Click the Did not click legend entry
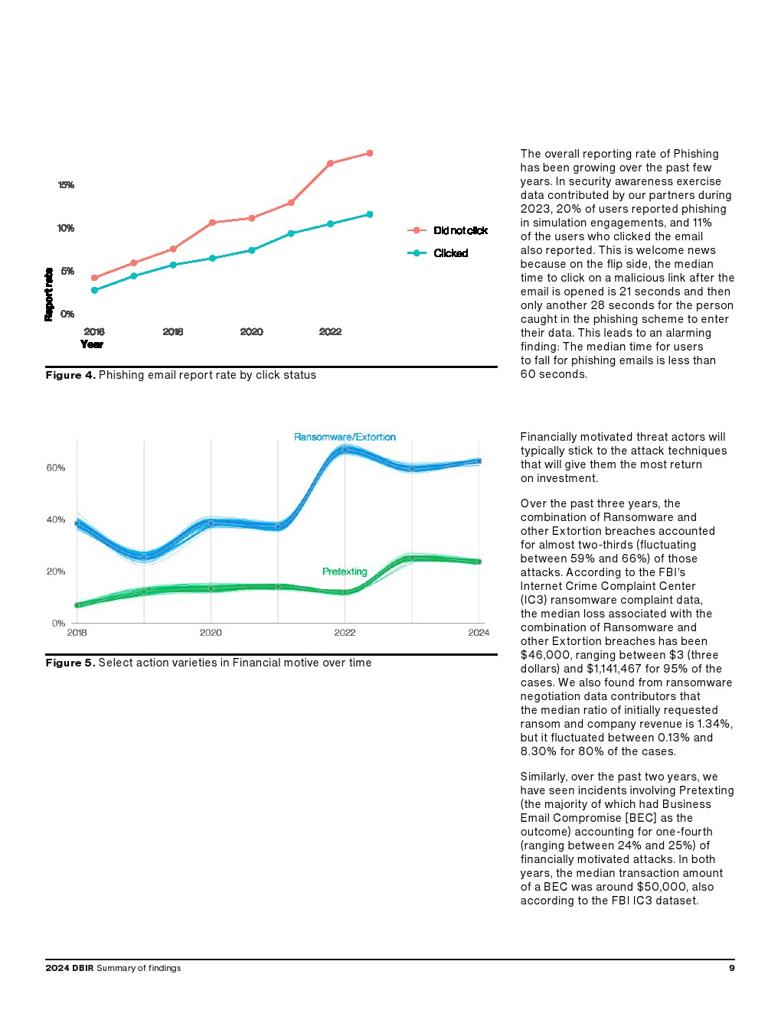click(460, 230)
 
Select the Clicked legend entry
click(450, 253)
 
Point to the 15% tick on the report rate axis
click(66, 185)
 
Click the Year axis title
click(92, 344)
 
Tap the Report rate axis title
click(49, 295)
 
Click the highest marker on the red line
click(370, 153)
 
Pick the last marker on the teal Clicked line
click(370, 214)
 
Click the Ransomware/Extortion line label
click(345, 437)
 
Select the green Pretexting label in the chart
click(345, 572)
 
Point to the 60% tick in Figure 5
click(56, 468)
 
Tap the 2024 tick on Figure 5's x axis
click(479, 633)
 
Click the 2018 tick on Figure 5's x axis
click(77, 633)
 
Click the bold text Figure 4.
click(70, 375)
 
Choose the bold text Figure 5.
click(70, 663)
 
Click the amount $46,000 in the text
click(546, 655)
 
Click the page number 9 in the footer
click(732, 968)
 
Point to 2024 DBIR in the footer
click(69, 968)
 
